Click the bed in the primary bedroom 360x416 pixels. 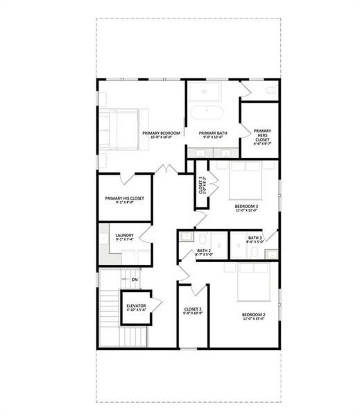tap(125, 130)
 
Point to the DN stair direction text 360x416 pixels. tap(135, 279)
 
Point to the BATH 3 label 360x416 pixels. tap(255, 239)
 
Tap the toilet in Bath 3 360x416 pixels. tap(254, 252)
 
